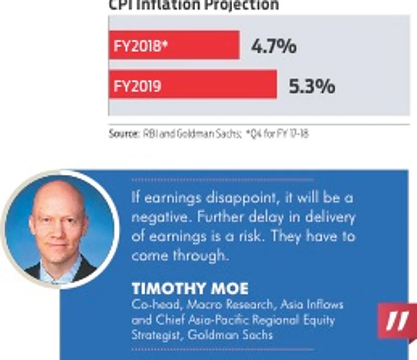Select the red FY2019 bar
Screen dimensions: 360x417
[192, 85]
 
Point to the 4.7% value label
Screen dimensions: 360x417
[273, 46]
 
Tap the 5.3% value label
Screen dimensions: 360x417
[311, 86]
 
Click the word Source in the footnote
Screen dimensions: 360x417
[123, 134]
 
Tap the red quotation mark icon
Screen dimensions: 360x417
[397, 322]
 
